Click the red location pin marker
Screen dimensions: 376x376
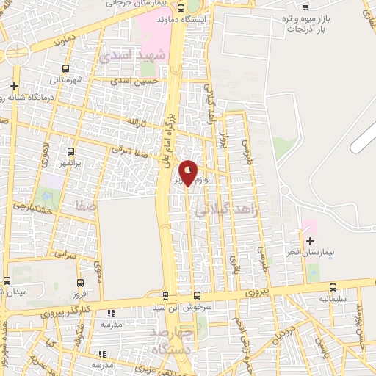(188, 173)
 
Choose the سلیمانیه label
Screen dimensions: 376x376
(329, 300)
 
